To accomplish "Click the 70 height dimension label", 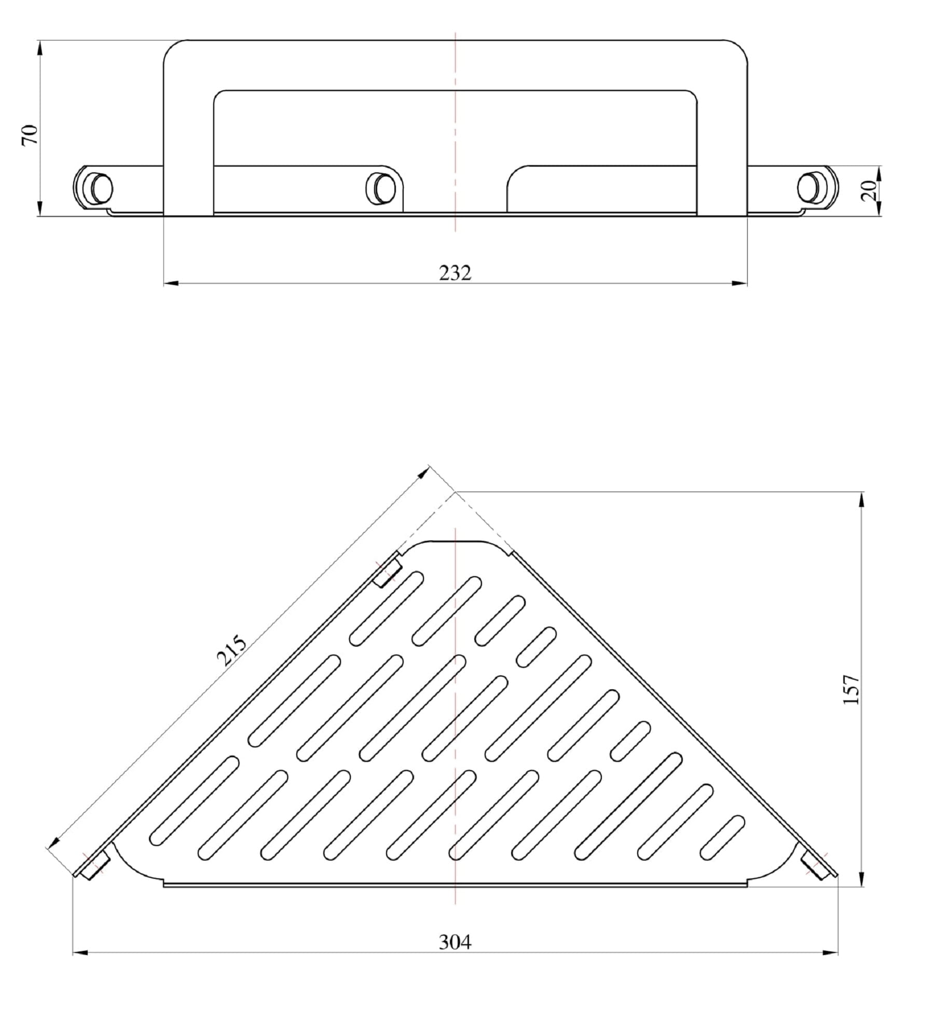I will tap(30, 135).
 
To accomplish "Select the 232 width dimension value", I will tap(455, 273).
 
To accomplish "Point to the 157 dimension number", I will tap(851, 689).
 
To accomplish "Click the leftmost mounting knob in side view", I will tap(100, 188).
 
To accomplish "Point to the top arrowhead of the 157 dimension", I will tap(862, 500).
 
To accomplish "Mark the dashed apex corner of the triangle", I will tap(455, 492).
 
